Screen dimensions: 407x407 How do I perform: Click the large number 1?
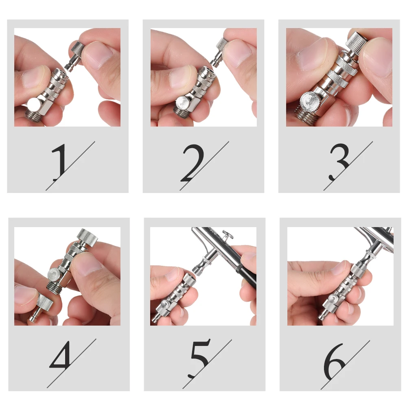pos(60,162)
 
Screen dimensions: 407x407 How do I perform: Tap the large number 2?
pos(193,163)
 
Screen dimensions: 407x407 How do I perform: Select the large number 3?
pos(339,162)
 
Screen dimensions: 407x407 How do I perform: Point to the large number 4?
pos(60,355)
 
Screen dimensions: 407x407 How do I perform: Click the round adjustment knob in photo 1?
pos(34,105)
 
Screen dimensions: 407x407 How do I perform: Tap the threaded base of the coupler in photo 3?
pos(306,116)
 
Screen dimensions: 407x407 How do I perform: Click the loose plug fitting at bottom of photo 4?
pos(42,308)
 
